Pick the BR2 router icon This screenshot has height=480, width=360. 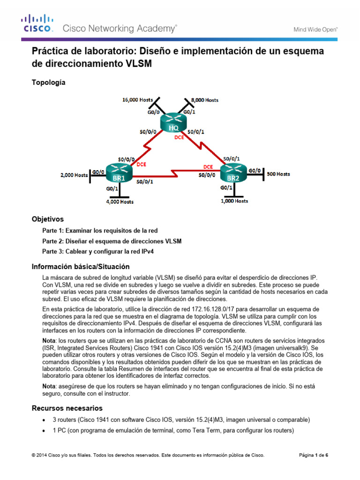pyautogui.click(x=233, y=174)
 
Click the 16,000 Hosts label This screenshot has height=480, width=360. pyautogui.click(x=137, y=100)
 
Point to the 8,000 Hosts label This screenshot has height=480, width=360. pyautogui.click(x=202, y=100)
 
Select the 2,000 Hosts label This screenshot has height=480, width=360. pyautogui.click(x=74, y=175)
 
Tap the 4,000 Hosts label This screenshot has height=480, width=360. pyautogui.click(x=119, y=202)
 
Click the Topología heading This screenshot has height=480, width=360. pyautogui.click(x=49, y=82)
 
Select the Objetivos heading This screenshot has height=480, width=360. pyautogui.click(x=47, y=219)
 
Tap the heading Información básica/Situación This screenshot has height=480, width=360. pyautogui.click(x=80, y=267)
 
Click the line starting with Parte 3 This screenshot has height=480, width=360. pyautogui.click(x=98, y=251)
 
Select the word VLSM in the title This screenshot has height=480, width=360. pyautogui.click(x=138, y=64)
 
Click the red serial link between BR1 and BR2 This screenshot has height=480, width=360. pyautogui.click(x=174, y=171)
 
